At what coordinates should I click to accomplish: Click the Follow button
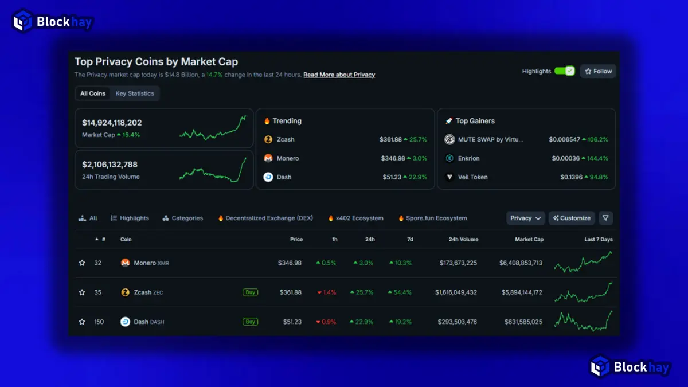pos(598,71)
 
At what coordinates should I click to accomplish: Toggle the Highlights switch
pos(564,71)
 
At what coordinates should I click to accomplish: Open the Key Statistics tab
pos(135,93)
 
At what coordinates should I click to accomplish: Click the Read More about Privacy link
pos(339,75)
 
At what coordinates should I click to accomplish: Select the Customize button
pos(571,218)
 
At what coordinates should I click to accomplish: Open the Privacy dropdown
pos(526,218)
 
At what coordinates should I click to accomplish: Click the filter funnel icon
pos(605,218)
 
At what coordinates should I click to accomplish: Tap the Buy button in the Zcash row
pos(250,292)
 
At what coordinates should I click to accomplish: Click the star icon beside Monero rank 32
pos(82,263)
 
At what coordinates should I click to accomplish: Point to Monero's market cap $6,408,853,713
pos(513,263)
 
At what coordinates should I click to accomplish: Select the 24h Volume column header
pos(463,239)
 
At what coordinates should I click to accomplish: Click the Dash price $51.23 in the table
pos(292,322)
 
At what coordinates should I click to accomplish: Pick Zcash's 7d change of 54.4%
pos(400,292)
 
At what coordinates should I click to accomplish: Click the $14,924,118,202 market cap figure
pos(112,123)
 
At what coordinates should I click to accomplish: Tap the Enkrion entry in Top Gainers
pos(468,158)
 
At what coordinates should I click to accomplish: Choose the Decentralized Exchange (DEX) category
pos(268,218)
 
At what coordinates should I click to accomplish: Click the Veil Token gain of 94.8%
pos(596,177)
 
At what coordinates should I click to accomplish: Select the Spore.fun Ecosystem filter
pos(436,218)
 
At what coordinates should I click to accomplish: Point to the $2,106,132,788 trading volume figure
pos(110,165)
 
